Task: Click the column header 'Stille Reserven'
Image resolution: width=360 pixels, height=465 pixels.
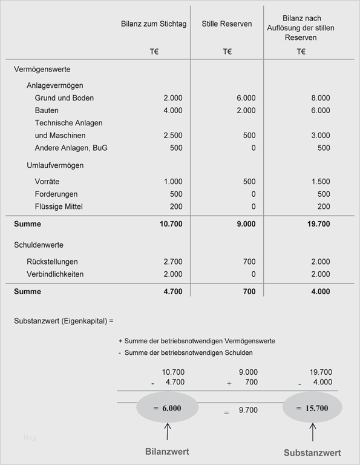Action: (x=227, y=24)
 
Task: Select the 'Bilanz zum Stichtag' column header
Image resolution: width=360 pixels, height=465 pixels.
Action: (x=153, y=24)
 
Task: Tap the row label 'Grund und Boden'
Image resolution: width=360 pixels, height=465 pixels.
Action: (x=64, y=98)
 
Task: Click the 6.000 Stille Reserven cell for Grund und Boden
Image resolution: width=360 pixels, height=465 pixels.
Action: (x=246, y=98)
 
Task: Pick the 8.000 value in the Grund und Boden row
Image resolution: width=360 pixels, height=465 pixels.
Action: (x=320, y=98)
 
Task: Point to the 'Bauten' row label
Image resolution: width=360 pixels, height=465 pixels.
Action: (x=47, y=111)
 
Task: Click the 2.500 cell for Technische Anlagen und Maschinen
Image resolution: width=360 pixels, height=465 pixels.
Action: (x=172, y=136)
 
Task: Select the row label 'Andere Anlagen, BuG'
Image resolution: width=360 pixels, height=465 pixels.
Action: (x=71, y=148)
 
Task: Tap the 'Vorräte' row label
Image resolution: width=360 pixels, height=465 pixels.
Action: (x=47, y=182)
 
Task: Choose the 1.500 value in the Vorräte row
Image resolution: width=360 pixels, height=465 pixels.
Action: (x=320, y=182)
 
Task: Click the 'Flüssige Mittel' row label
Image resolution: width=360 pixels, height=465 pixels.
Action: (x=59, y=207)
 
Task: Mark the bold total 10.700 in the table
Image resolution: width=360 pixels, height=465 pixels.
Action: (x=171, y=224)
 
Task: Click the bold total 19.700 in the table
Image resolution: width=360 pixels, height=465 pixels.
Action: (x=319, y=224)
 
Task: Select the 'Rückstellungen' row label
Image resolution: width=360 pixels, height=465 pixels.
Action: (x=52, y=262)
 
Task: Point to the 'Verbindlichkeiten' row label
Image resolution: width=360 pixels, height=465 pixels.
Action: (x=55, y=274)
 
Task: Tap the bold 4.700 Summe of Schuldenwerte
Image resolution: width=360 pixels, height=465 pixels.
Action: (x=172, y=292)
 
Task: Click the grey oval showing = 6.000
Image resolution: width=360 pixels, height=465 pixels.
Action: (x=167, y=408)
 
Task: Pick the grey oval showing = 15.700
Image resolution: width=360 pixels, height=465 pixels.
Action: (x=312, y=408)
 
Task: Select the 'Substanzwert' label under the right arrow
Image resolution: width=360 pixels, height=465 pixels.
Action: (x=312, y=453)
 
